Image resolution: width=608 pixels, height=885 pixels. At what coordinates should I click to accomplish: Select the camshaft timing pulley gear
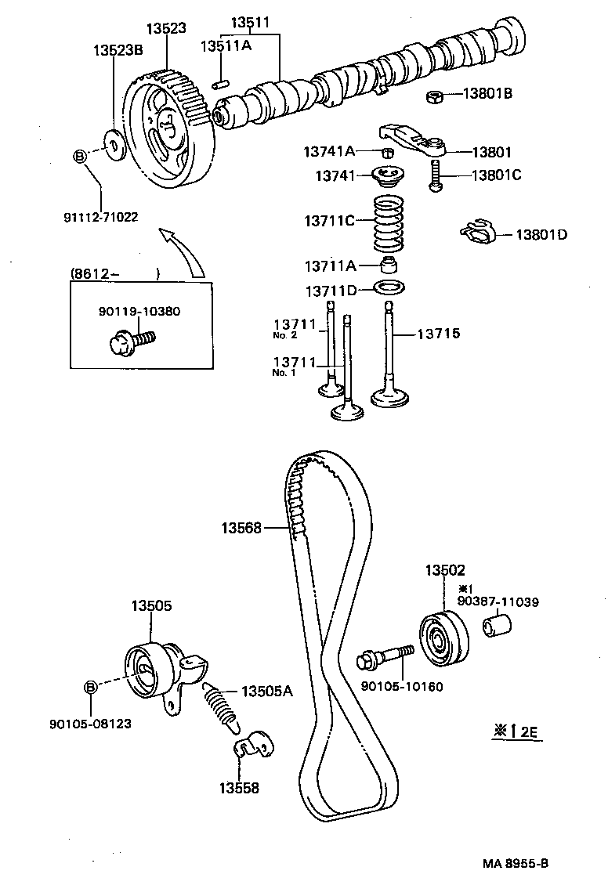click(x=171, y=135)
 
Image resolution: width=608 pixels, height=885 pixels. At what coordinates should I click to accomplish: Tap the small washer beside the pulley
click(x=114, y=146)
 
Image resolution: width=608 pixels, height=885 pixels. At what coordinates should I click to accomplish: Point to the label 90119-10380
click(x=139, y=311)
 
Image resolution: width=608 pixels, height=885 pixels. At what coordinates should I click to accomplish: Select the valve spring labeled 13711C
click(x=389, y=221)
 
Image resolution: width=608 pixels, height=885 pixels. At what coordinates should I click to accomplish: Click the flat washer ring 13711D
click(x=388, y=288)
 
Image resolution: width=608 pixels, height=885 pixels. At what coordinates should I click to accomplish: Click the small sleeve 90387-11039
click(x=497, y=626)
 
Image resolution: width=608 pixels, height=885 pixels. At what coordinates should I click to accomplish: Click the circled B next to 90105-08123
click(x=90, y=687)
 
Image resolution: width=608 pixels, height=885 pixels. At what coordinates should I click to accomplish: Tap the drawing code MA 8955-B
click(x=516, y=862)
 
